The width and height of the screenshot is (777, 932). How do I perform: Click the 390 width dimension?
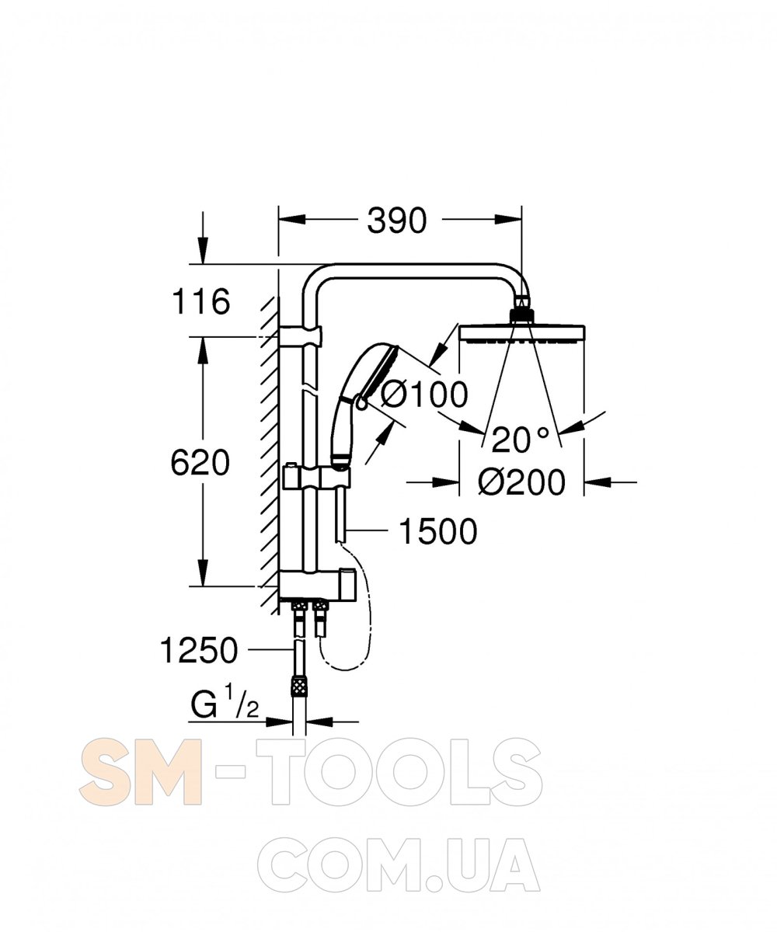pyautogui.click(x=396, y=221)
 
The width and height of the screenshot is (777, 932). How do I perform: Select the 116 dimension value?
pyautogui.click(x=201, y=302)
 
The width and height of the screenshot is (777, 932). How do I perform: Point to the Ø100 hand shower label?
pyautogui.click(x=424, y=395)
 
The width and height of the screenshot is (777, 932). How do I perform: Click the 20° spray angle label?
pyautogui.click(x=520, y=440)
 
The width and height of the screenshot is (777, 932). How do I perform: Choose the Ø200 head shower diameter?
pyautogui.click(x=521, y=482)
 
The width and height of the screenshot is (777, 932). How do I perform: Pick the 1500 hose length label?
pyautogui.click(x=437, y=531)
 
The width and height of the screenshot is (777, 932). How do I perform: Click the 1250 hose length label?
pyautogui.click(x=199, y=650)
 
